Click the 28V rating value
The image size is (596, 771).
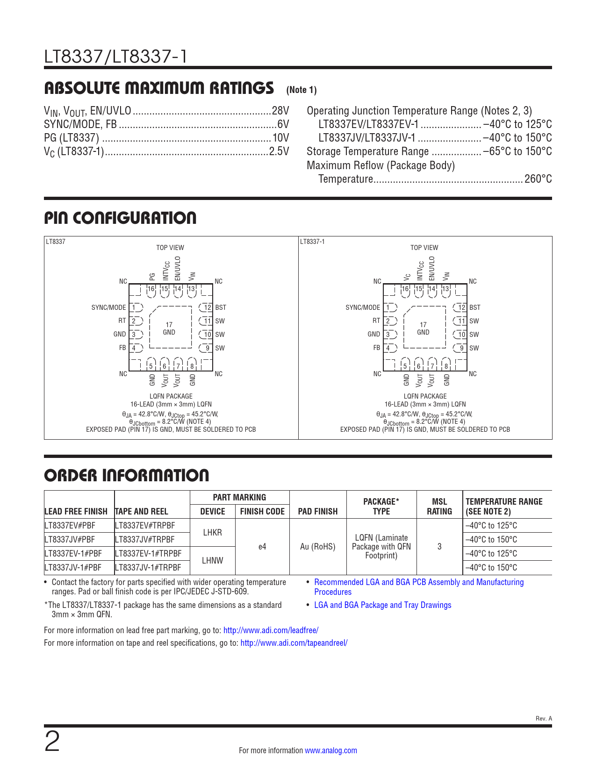point(280,111)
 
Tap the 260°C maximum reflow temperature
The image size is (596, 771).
point(538,179)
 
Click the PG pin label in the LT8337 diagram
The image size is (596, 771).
point(152,276)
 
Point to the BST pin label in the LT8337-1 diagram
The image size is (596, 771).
point(474,307)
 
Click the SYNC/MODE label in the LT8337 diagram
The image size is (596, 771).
point(108,307)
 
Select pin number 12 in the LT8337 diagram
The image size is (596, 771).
point(208,307)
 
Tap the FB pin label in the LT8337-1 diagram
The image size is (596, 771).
point(376,348)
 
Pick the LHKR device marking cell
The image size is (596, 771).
point(213,533)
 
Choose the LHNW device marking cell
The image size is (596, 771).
point(213,561)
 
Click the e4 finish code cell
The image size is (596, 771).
point(262,547)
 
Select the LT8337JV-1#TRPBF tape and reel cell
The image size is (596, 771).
point(148,568)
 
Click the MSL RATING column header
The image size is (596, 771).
point(439,507)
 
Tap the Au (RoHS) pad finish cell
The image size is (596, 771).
point(318,547)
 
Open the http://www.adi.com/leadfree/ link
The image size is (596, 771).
point(271,630)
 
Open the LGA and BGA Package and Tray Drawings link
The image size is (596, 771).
point(383,605)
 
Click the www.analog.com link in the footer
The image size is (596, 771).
point(331,750)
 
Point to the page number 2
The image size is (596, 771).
point(52,742)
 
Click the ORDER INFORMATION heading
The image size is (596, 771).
point(127,476)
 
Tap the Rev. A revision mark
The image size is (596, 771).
point(544,719)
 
